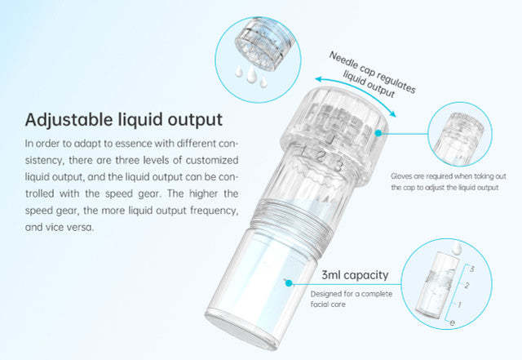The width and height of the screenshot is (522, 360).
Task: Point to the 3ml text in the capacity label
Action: (x=334, y=275)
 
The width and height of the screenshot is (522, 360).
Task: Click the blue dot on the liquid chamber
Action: (x=287, y=282)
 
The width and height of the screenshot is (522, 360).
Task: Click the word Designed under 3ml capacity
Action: (x=326, y=294)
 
